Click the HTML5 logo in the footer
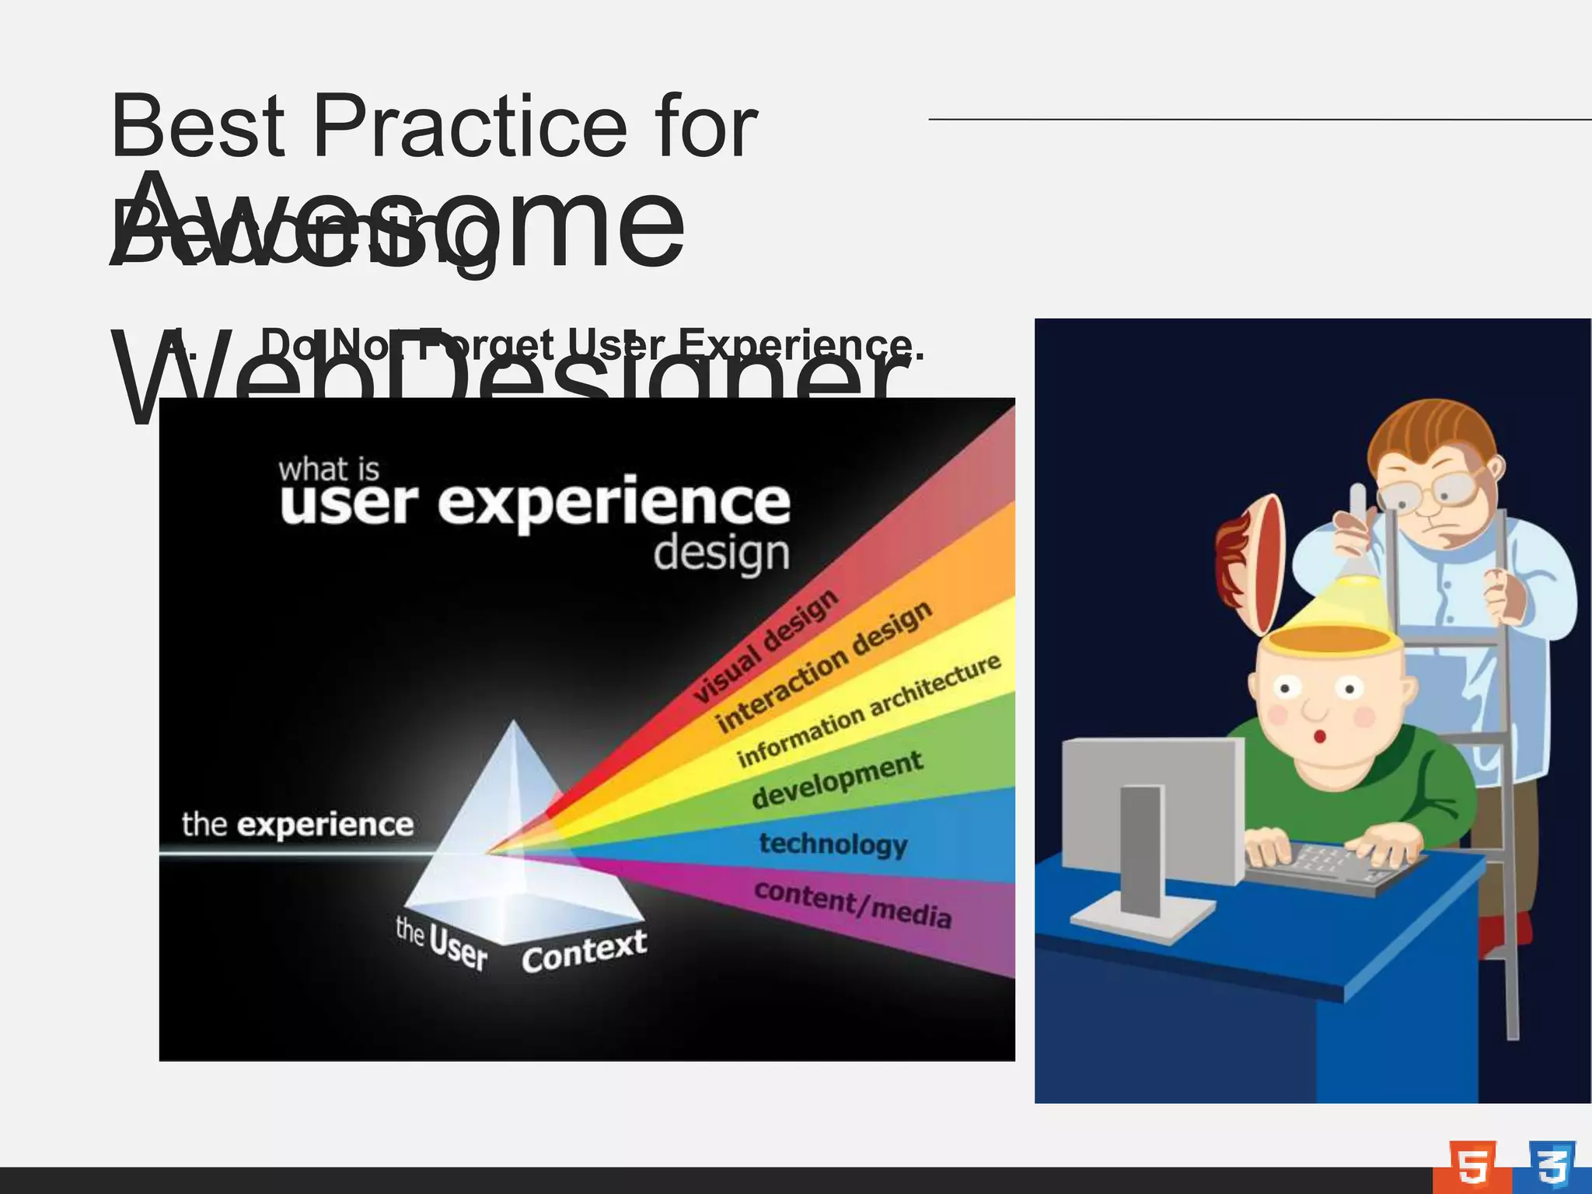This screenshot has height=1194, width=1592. pos(1472,1167)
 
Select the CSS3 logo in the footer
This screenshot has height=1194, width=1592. pos(1552,1166)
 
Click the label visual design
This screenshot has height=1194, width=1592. pos(766,647)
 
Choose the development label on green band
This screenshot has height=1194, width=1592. pos(837,780)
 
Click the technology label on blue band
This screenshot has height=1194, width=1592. pos(833,843)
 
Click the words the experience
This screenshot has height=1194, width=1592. pos(298,824)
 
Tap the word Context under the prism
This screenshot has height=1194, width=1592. pos(584,951)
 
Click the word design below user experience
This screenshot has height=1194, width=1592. pos(721,555)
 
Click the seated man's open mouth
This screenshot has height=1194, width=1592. pos(1318,735)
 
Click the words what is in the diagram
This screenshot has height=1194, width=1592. pos(329,470)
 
